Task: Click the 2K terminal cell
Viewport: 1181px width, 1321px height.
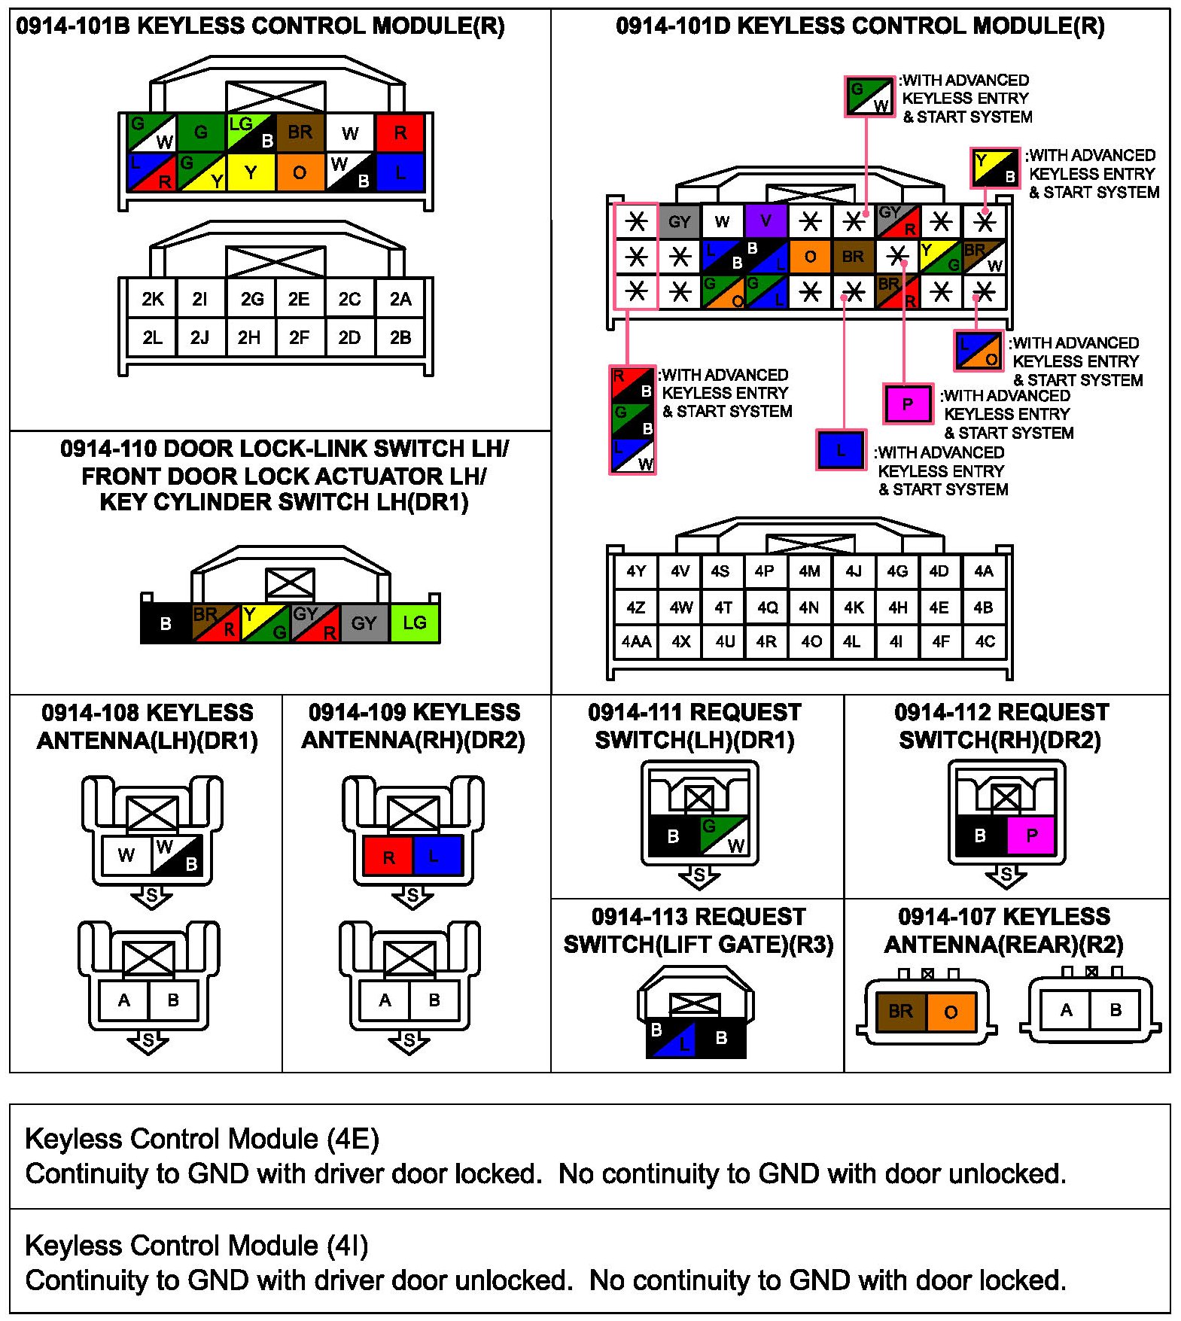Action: [x=152, y=299]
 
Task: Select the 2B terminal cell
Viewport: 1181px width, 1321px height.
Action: [x=400, y=337]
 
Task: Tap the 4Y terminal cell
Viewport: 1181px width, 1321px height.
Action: [x=636, y=571]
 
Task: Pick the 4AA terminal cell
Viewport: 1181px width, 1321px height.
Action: [x=636, y=641]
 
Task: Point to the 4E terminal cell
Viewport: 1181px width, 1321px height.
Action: [x=939, y=607]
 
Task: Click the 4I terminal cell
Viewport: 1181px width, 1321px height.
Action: [x=896, y=641]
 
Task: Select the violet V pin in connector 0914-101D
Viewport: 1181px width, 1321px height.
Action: [x=766, y=221]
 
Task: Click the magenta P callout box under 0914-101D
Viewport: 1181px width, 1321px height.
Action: [x=907, y=404]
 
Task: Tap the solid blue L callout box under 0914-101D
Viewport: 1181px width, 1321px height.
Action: [x=841, y=450]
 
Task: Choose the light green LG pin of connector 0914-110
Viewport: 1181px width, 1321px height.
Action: [x=414, y=622]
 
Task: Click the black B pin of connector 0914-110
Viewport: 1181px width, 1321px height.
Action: [x=166, y=623]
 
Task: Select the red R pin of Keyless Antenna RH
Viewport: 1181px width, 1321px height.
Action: [x=388, y=857]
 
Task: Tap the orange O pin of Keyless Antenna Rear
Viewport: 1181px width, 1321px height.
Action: [x=951, y=1012]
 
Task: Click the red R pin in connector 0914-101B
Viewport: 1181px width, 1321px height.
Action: [x=400, y=133]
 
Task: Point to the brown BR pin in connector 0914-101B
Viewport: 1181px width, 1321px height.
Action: [x=300, y=133]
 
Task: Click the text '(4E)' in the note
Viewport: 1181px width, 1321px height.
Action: [x=353, y=1139]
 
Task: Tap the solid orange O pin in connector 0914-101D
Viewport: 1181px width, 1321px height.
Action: [x=809, y=257]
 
